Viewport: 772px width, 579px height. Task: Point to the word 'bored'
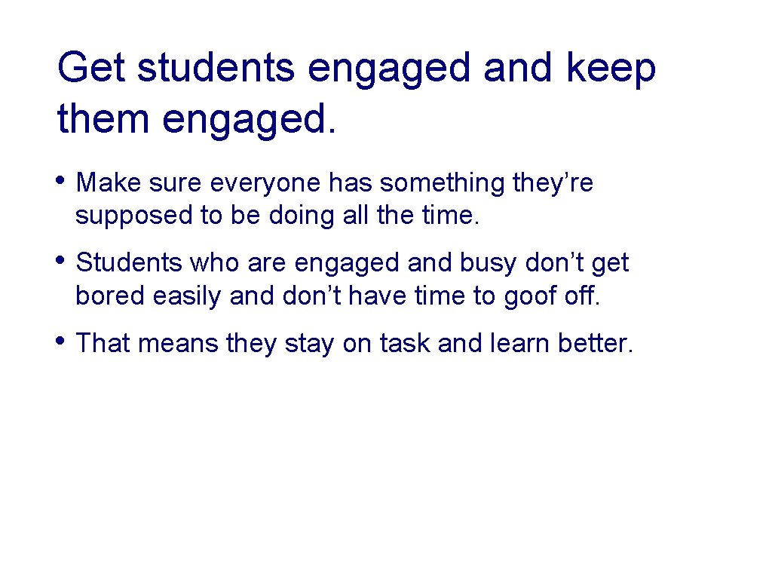click(110, 296)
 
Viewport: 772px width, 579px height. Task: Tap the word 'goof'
click(527, 297)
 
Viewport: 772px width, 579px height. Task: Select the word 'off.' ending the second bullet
click(581, 296)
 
